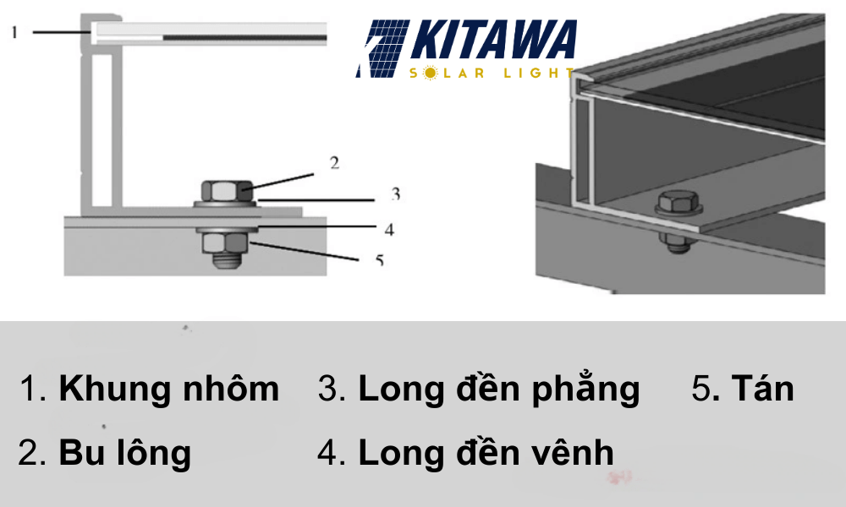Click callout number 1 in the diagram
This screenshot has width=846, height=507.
point(14,31)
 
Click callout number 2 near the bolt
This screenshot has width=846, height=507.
point(334,162)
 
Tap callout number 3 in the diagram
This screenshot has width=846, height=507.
point(395,195)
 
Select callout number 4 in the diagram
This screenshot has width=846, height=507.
point(388,228)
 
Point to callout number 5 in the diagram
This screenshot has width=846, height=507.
point(380,260)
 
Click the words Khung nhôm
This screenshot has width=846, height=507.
point(168,389)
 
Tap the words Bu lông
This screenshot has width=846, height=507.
point(124,453)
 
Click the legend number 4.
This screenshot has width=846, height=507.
point(328,453)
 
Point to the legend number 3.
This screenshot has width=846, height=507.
point(328,389)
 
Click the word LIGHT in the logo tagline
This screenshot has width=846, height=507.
point(541,74)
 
